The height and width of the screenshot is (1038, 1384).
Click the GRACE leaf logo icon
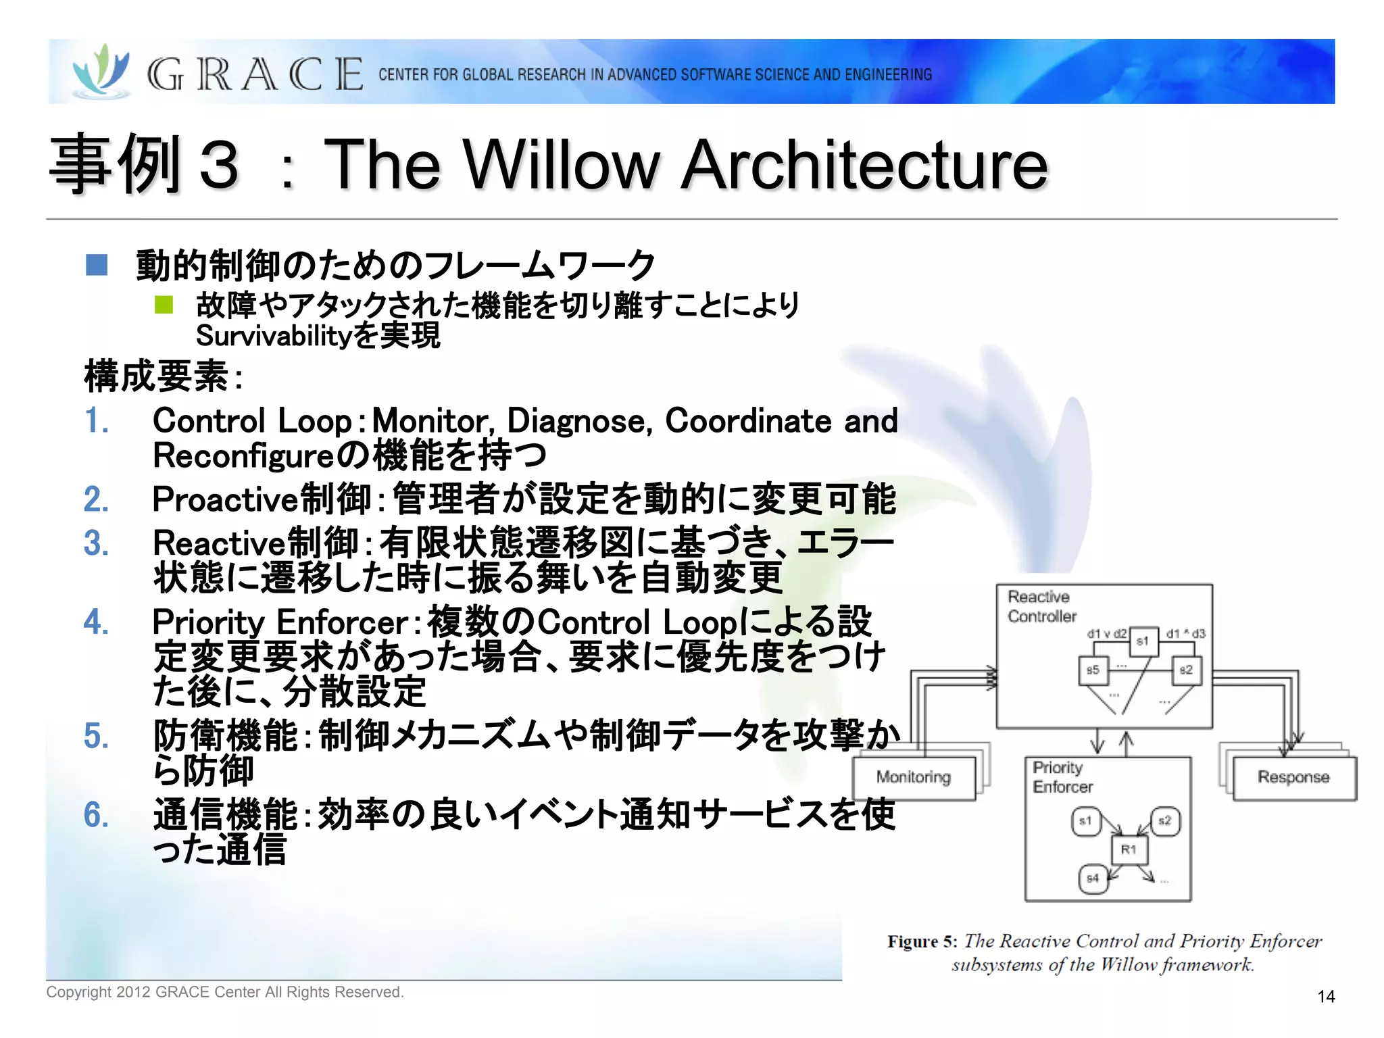pos(101,71)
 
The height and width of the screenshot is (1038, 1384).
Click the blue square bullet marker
pos(97,264)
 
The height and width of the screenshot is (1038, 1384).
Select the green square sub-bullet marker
pos(164,305)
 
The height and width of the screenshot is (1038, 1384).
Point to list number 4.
pos(96,622)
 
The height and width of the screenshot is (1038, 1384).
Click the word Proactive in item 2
pos(225,499)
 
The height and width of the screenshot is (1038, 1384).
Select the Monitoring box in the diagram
pos(914,778)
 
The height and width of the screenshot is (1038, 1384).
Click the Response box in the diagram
pos(1293,778)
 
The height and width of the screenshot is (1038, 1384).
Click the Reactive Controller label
pos(1041,606)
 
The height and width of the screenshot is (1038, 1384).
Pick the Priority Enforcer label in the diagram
pos(1062,777)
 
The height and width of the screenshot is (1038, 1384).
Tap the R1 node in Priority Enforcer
pos(1129,849)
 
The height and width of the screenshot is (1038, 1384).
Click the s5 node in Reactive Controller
pos(1093,670)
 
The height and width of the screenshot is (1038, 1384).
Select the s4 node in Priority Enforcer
pos(1093,879)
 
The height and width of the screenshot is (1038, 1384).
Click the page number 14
pos(1326,996)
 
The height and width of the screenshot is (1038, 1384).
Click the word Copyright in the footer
pos(78,992)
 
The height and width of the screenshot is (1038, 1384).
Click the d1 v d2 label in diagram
pos(1106,633)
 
